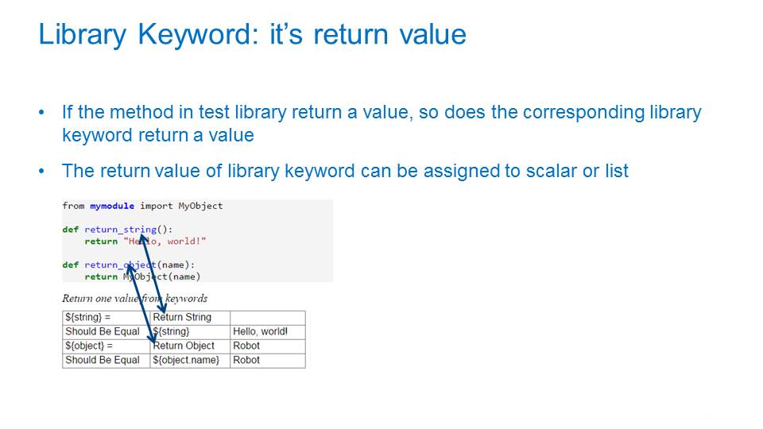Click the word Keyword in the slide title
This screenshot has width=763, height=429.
tap(198, 35)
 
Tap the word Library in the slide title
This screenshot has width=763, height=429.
tap(82, 35)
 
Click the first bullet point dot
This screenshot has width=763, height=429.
tap(41, 113)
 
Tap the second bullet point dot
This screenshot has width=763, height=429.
tap(41, 172)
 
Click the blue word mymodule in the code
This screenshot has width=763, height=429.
tap(112, 206)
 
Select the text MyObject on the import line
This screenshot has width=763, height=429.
tap(200, 206)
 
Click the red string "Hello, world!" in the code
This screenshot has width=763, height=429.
tap(165, 242)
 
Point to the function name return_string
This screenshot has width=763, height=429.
tap(121, 229)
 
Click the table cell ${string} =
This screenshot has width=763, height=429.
tap(106, 318)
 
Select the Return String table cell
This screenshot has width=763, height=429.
tap(190, 318)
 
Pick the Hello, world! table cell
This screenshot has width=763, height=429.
tap(268, 332)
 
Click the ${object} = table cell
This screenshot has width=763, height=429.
tap(106, 346)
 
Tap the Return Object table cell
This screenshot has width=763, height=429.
tap(190, 346)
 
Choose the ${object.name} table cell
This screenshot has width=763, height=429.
tap(190, 361)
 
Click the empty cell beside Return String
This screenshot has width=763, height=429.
tap(268, 318)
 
